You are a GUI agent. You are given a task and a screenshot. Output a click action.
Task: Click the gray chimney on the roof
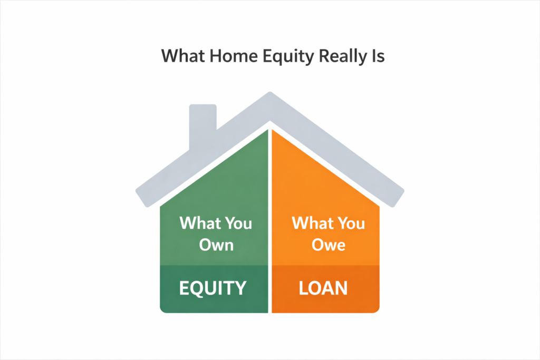[202, 124]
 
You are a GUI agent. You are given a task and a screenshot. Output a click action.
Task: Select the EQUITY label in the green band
[213, 288]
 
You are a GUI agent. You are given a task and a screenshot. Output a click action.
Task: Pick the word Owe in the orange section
[327, 245]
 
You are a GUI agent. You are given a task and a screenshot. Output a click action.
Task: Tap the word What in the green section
[197, 223]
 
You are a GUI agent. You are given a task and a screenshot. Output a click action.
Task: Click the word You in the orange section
[349, 223]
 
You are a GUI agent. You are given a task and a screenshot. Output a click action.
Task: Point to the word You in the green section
[235, 223]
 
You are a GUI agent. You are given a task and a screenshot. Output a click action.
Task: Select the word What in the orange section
[311, 223]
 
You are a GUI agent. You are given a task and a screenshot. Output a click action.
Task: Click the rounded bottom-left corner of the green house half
[163, 309]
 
